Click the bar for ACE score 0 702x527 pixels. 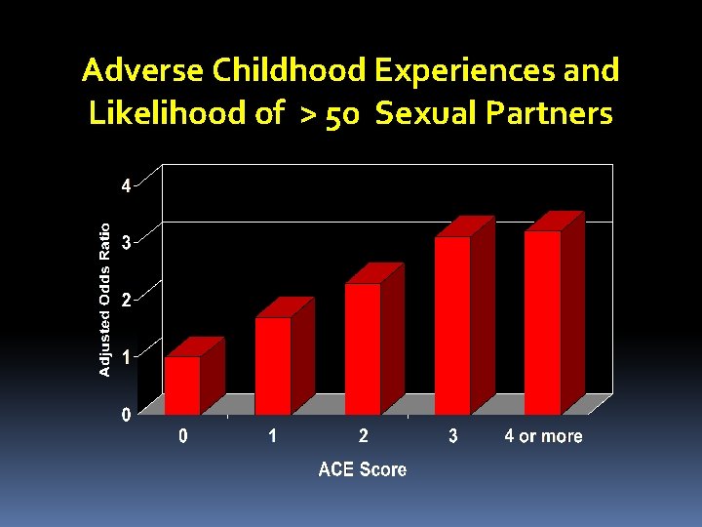click(182, 385)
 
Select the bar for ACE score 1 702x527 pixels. click(273, 366)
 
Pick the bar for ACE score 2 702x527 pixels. click(363, 348)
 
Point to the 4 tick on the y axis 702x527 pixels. click(126, 186)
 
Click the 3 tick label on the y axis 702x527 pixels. click(126, 243)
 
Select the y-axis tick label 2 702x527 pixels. click(126, 301)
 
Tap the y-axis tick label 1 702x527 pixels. click(126, 357)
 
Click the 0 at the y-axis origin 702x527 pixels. click(126, 416)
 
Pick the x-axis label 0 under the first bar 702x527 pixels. click(183, 436)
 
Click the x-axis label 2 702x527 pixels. click(363, 436)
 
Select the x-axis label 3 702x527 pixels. click(453, 436)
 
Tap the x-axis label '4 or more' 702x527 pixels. click(543, 436)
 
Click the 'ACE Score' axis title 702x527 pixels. click(363, 470)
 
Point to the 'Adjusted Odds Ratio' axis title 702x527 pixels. click(105, 298)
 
